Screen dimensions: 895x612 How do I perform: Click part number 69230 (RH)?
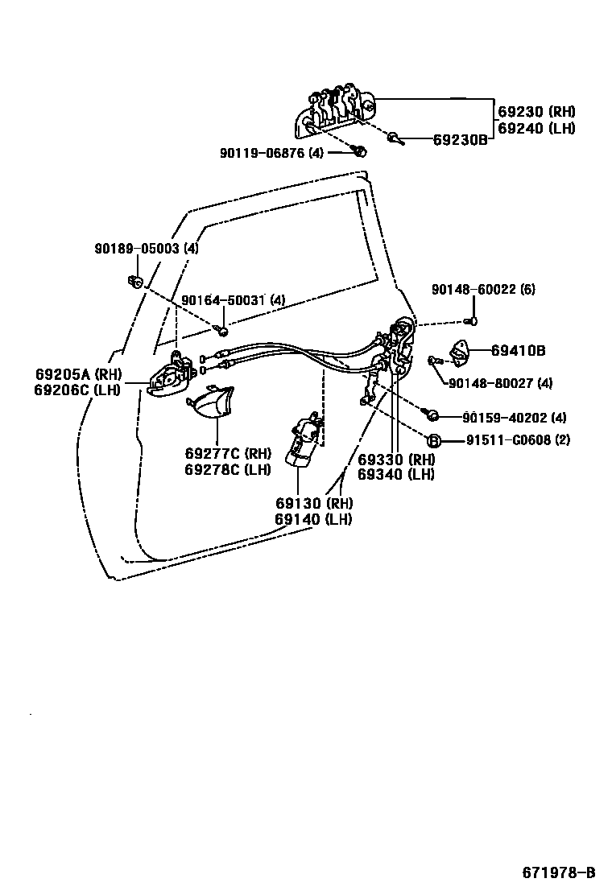tap(536, 112)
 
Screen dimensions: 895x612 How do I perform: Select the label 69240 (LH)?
tap(536, 128)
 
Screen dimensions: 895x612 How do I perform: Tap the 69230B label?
tap(460, 139)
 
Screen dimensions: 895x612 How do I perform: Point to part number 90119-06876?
tap(271, 153)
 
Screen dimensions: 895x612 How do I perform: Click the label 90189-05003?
tap(146, 249)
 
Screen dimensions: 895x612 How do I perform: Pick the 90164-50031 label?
tap(233, 300)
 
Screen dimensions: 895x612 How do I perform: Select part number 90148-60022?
tap(482, 289)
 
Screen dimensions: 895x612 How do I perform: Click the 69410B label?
tap(519, 350)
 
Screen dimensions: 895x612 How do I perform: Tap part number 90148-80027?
tap(499, 382)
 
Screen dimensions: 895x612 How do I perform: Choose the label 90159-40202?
tap(514, 417)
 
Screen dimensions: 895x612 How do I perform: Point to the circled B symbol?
tap(432, 440)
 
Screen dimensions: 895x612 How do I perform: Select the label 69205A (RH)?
tap(78, 374)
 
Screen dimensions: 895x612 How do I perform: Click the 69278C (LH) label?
tap(228, 469)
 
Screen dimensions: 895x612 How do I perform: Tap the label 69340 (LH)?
tap(396, 474)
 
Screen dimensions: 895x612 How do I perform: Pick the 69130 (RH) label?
tap(314, 504)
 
